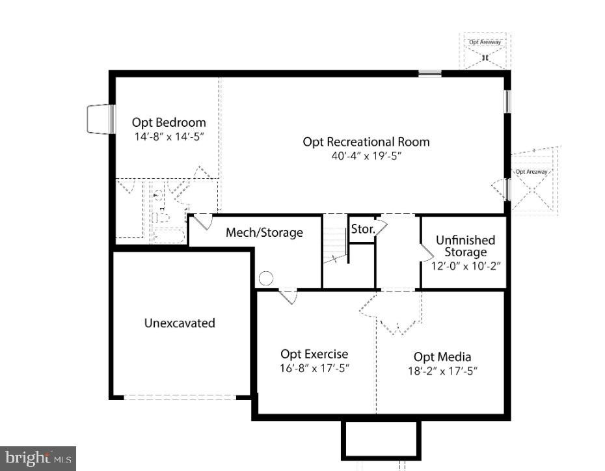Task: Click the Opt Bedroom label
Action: click(x=168, y=122)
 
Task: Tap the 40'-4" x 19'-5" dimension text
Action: click(x=366, y=156)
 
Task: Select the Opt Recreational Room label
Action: click(x=366, y=142)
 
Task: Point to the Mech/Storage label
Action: click(x=264, y=232)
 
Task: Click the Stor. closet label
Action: click(x=363, y=229)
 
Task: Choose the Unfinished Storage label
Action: click(x=465, y=246)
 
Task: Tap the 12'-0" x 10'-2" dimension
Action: click(x=466, y=266)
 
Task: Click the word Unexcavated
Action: click(x=180, y=323)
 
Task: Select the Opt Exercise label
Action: click(x=314, y=354)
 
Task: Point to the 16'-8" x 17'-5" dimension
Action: click(x=314, y=368)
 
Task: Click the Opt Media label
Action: click(x=442, y=357)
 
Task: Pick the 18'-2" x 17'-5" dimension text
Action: click(x=442, y=371)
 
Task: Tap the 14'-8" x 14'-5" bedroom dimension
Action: click(x=169, y=137)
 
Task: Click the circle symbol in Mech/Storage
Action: click(x=266, y=278)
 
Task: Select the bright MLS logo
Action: click(x=38, y=458)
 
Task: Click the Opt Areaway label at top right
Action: click(x=485, y=42)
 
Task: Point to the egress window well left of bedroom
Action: click(x=100, y=119)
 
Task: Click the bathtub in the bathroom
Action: click(x=168, y=236)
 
